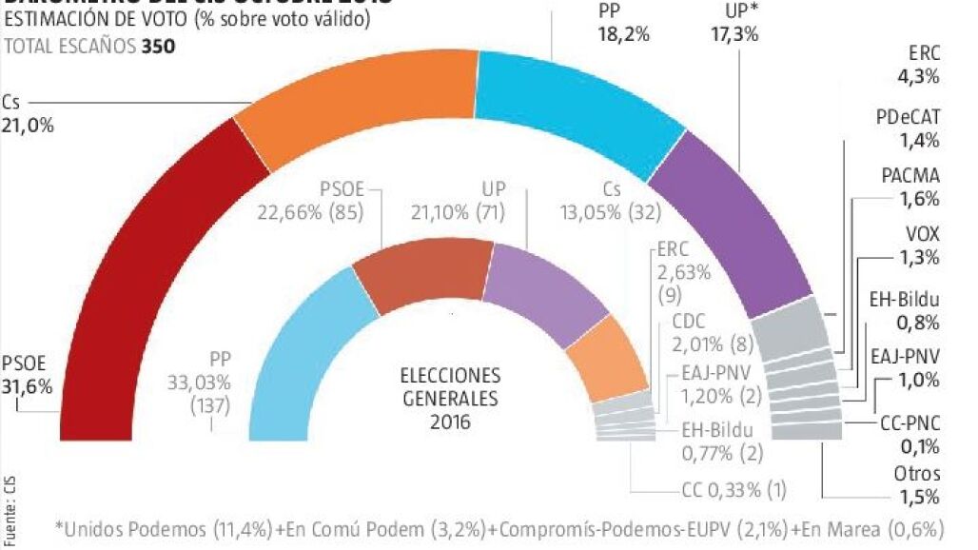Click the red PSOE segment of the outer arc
pos(143,285)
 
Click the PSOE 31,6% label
pos(27,375)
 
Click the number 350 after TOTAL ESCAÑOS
pos(159,45)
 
